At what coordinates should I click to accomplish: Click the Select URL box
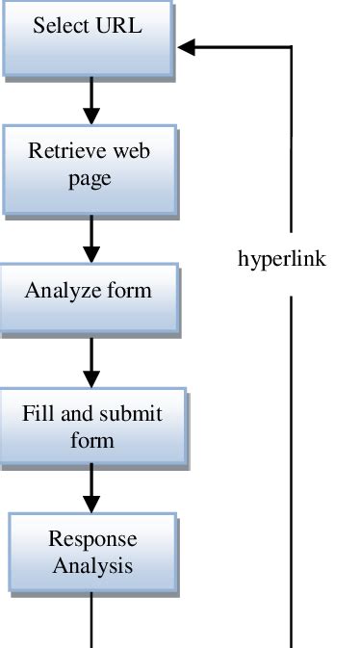(88, 36)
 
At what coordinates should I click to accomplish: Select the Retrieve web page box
(90, 166)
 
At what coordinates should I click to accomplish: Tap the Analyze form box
(89, 291)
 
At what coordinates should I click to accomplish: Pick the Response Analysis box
(92, 552)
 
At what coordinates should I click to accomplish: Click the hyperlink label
(282, 260)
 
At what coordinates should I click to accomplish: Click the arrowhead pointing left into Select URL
(187, 47)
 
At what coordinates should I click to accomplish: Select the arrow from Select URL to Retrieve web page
(91, 99)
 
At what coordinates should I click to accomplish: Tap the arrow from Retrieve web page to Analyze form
(91, 239)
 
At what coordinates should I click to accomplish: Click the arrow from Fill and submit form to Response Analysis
(91, 488)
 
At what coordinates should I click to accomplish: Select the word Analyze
(60, 291)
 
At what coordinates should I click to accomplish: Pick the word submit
(127, 415)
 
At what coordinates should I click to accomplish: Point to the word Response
(92, 539)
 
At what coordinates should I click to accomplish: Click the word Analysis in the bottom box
(92, 565)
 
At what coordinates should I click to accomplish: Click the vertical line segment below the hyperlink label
(291, 472)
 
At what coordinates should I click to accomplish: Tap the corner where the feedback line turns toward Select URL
(291, 47)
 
